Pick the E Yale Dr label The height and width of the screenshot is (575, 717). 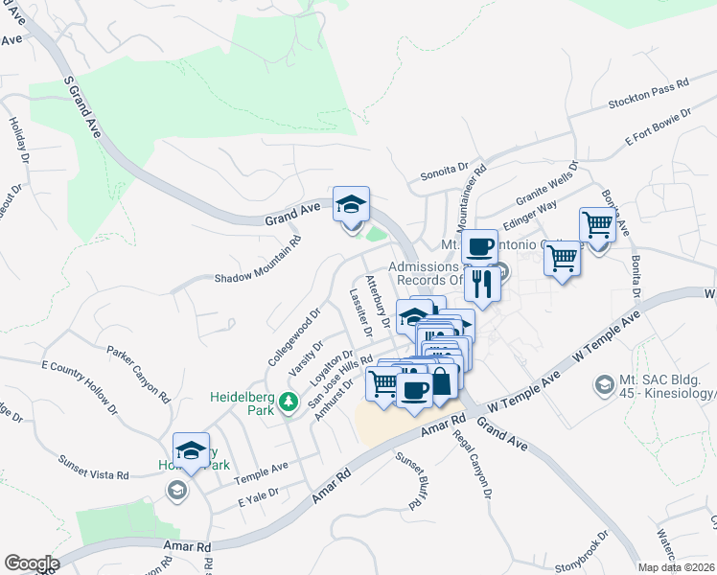point(258,498)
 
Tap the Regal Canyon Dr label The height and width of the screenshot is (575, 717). point(474,466)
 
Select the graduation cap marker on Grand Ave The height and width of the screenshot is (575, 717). point(351,204)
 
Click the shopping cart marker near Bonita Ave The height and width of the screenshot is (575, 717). point(597,225)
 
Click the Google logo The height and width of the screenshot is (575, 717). point(32,563)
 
